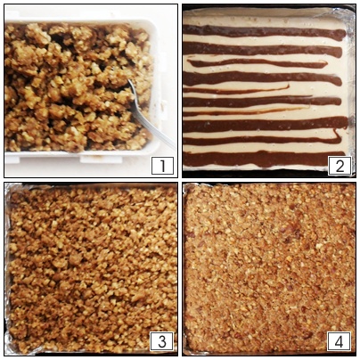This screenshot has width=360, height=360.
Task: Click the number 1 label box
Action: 162,165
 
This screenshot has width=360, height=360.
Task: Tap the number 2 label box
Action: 340,165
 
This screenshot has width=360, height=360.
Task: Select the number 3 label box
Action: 162,341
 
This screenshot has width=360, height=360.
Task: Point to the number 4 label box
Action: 339,341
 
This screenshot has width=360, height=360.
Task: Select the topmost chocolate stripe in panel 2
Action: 265,32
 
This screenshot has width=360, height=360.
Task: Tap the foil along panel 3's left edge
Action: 8,267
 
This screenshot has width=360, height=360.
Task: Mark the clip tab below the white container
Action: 101,160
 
